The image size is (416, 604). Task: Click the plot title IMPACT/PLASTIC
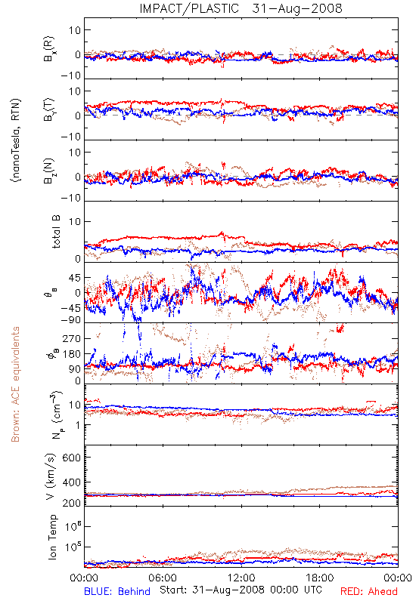point(189,8)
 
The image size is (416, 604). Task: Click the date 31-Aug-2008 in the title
point(297,8)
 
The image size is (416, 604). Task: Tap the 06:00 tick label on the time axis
point(163,578)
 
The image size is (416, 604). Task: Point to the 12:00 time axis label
point(241,578)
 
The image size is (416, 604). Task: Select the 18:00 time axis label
point(320,578)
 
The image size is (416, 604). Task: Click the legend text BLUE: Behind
point(117,591)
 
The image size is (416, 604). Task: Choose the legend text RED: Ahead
point(369,591)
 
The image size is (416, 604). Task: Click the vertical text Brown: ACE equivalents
point(15,384)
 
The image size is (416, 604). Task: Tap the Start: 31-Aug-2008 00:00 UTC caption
point(241,590)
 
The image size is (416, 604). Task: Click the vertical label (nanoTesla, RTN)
point(16,140)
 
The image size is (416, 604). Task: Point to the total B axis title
point(56,232)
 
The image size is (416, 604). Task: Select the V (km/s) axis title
point(51,476)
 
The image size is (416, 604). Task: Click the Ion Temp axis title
point(52,537)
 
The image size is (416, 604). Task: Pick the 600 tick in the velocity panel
point(72,458)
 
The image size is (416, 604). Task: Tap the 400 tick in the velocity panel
point(72,482)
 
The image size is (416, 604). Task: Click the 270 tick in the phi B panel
point(72,338)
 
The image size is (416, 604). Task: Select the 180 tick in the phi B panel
point(72,354)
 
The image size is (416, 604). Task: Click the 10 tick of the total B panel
point(75,221)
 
